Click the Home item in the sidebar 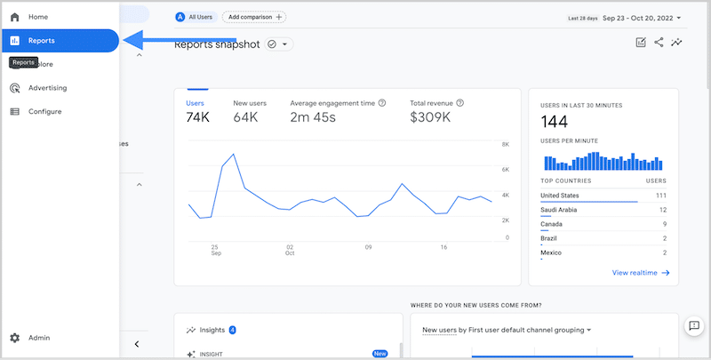click(x=37, y=17)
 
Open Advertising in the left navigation click(x=47, y=88)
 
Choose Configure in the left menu click(x=44, y=112)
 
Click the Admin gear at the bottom click(x=15, y=338)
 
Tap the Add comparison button click(x=254, y=17)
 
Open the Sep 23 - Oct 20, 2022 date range click(x=642, y=17)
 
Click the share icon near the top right click(x=659, y=42)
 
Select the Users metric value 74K click(x=196, y=117)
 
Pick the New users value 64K click(x=245, y=117)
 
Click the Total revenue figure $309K click(x=430, y=117)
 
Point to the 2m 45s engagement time click(x=313, y=117)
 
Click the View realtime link click(x=641, y=273)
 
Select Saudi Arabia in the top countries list click(x=561, y=210)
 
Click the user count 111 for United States click(x=660, y=196)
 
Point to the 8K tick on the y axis click(x=505, y=144)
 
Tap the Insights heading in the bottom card click(x=213, y=330)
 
